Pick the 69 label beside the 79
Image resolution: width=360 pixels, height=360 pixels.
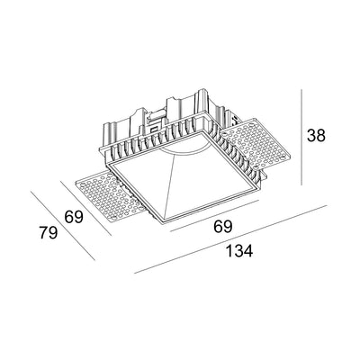click(74, 215)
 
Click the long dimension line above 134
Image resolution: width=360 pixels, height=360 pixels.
click(229, 241)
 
